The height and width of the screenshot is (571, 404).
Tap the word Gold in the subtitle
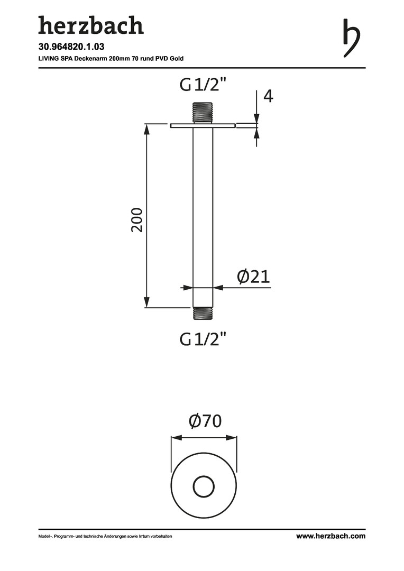pos(177,58)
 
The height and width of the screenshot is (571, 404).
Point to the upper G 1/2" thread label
pos(203,85)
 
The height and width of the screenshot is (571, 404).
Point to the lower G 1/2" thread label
pos(203,339)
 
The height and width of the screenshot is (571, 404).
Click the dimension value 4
pos(268,96)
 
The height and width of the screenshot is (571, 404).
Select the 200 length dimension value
pos(137,220)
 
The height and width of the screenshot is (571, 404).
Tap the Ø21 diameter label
pos(253,277)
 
